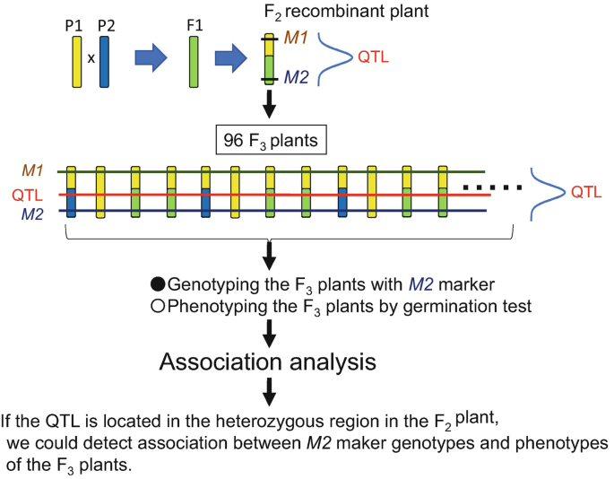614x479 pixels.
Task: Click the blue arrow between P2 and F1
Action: tap(150, 58)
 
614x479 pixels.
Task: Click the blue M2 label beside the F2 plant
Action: tap(297, 79)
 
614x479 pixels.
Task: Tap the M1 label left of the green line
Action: tap(32, 169)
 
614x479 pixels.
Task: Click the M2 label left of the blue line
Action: tap(32, 213)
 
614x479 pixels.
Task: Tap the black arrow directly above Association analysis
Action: tap(270, 333)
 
